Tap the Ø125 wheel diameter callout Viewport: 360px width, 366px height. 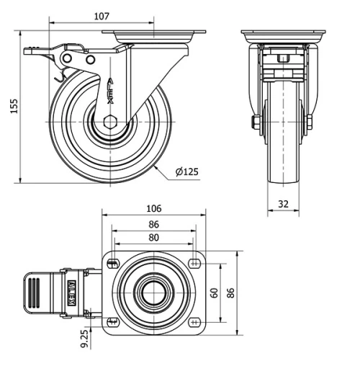(186, 171)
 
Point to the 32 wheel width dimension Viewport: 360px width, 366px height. (283, 205)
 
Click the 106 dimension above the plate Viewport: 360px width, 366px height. (153, 209)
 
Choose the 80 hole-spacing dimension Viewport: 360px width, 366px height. (153, 237)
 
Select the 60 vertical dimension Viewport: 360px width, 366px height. (214, 293)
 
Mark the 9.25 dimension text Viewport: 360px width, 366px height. (85, 339)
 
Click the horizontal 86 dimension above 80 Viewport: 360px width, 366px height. (153, 225)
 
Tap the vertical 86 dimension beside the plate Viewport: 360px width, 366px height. (231, 293)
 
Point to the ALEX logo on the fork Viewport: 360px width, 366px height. (109, 89)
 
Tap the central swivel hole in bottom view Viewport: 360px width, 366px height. (153, 293)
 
